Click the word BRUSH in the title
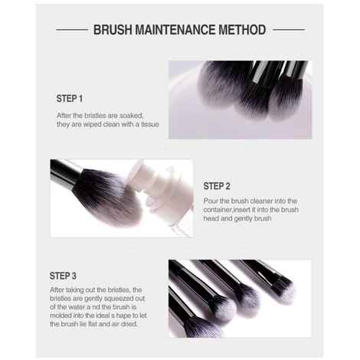(113, 30)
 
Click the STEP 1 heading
(70, 99)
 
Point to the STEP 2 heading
(217, 185)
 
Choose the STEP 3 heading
(63, 275)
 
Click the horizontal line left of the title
(72, 30)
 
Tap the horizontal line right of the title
(288, 30)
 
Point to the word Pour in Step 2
(211, 201)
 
